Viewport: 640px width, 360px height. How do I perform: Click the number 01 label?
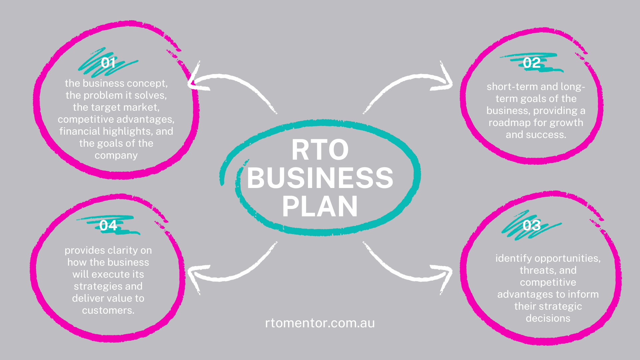coord(108,63)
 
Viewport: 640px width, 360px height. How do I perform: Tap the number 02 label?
coord(532,63)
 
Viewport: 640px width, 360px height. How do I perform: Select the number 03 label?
coord(532,225)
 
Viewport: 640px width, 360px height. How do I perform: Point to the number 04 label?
coord(108,225)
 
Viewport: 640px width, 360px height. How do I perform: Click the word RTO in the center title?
coord(320,150)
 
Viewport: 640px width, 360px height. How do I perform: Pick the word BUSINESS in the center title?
coord(320,178)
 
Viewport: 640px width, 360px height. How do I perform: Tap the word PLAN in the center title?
coord(320,207)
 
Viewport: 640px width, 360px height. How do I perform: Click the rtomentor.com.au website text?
coord(320,323)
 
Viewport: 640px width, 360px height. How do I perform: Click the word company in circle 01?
coord(116,155)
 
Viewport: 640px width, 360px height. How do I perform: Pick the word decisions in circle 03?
coord(548,318)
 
